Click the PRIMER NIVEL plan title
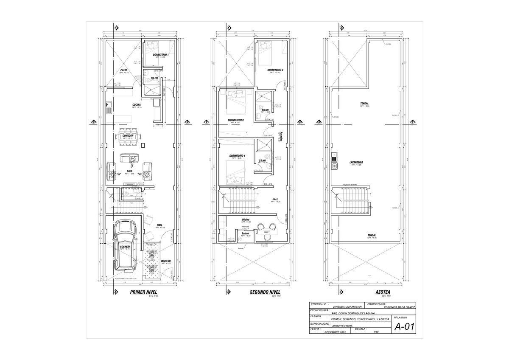click(x=143, y=292)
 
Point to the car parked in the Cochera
click(x=125, y=247)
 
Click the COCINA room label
click(x=137, y=105)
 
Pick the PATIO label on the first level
click(x=124, y=70)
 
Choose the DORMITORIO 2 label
click(x=275, y=70)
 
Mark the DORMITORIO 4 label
click(x=237, y=156)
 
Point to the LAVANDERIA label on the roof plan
click(x=356, y=162)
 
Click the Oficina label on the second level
click(x=246, y=219)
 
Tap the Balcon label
click(x=245, y=233)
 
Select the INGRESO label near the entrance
click(x=166, y=261)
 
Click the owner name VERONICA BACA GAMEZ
click(x=398, y=307)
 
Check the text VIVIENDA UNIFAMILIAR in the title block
click(x=347, y=307)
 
